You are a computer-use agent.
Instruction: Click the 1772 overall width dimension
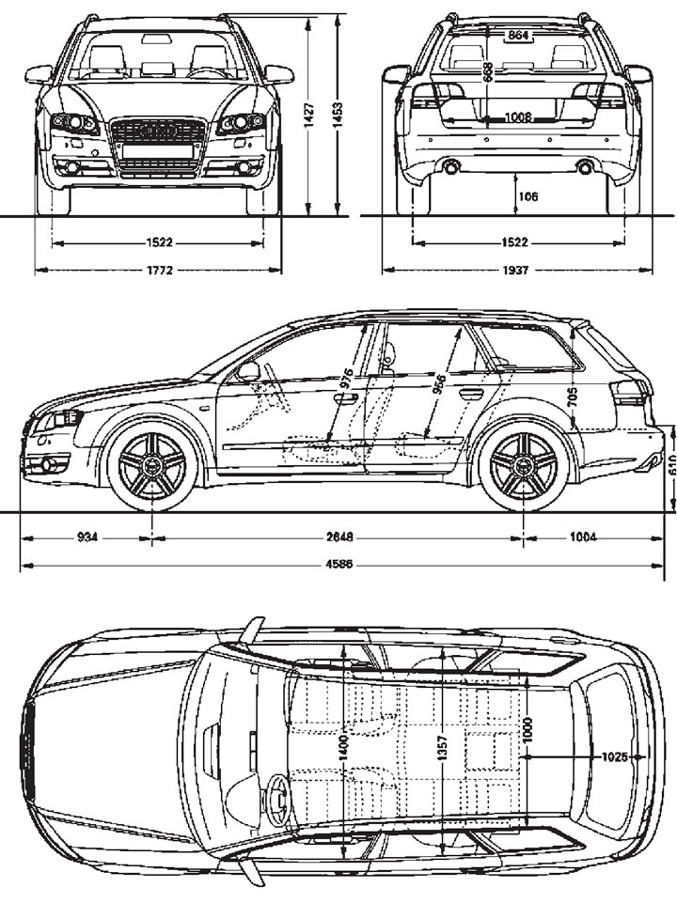click(158, 271)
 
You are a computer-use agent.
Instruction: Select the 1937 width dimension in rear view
click(515, 271)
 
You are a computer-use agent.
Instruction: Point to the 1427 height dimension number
click(308, 114)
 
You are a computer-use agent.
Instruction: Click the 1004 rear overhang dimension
click(584, 538)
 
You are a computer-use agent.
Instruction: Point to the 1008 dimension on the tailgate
click(516, 117)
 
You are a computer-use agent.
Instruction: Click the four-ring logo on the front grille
click(157, 132)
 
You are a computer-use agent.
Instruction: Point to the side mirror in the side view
click(248, 371)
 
